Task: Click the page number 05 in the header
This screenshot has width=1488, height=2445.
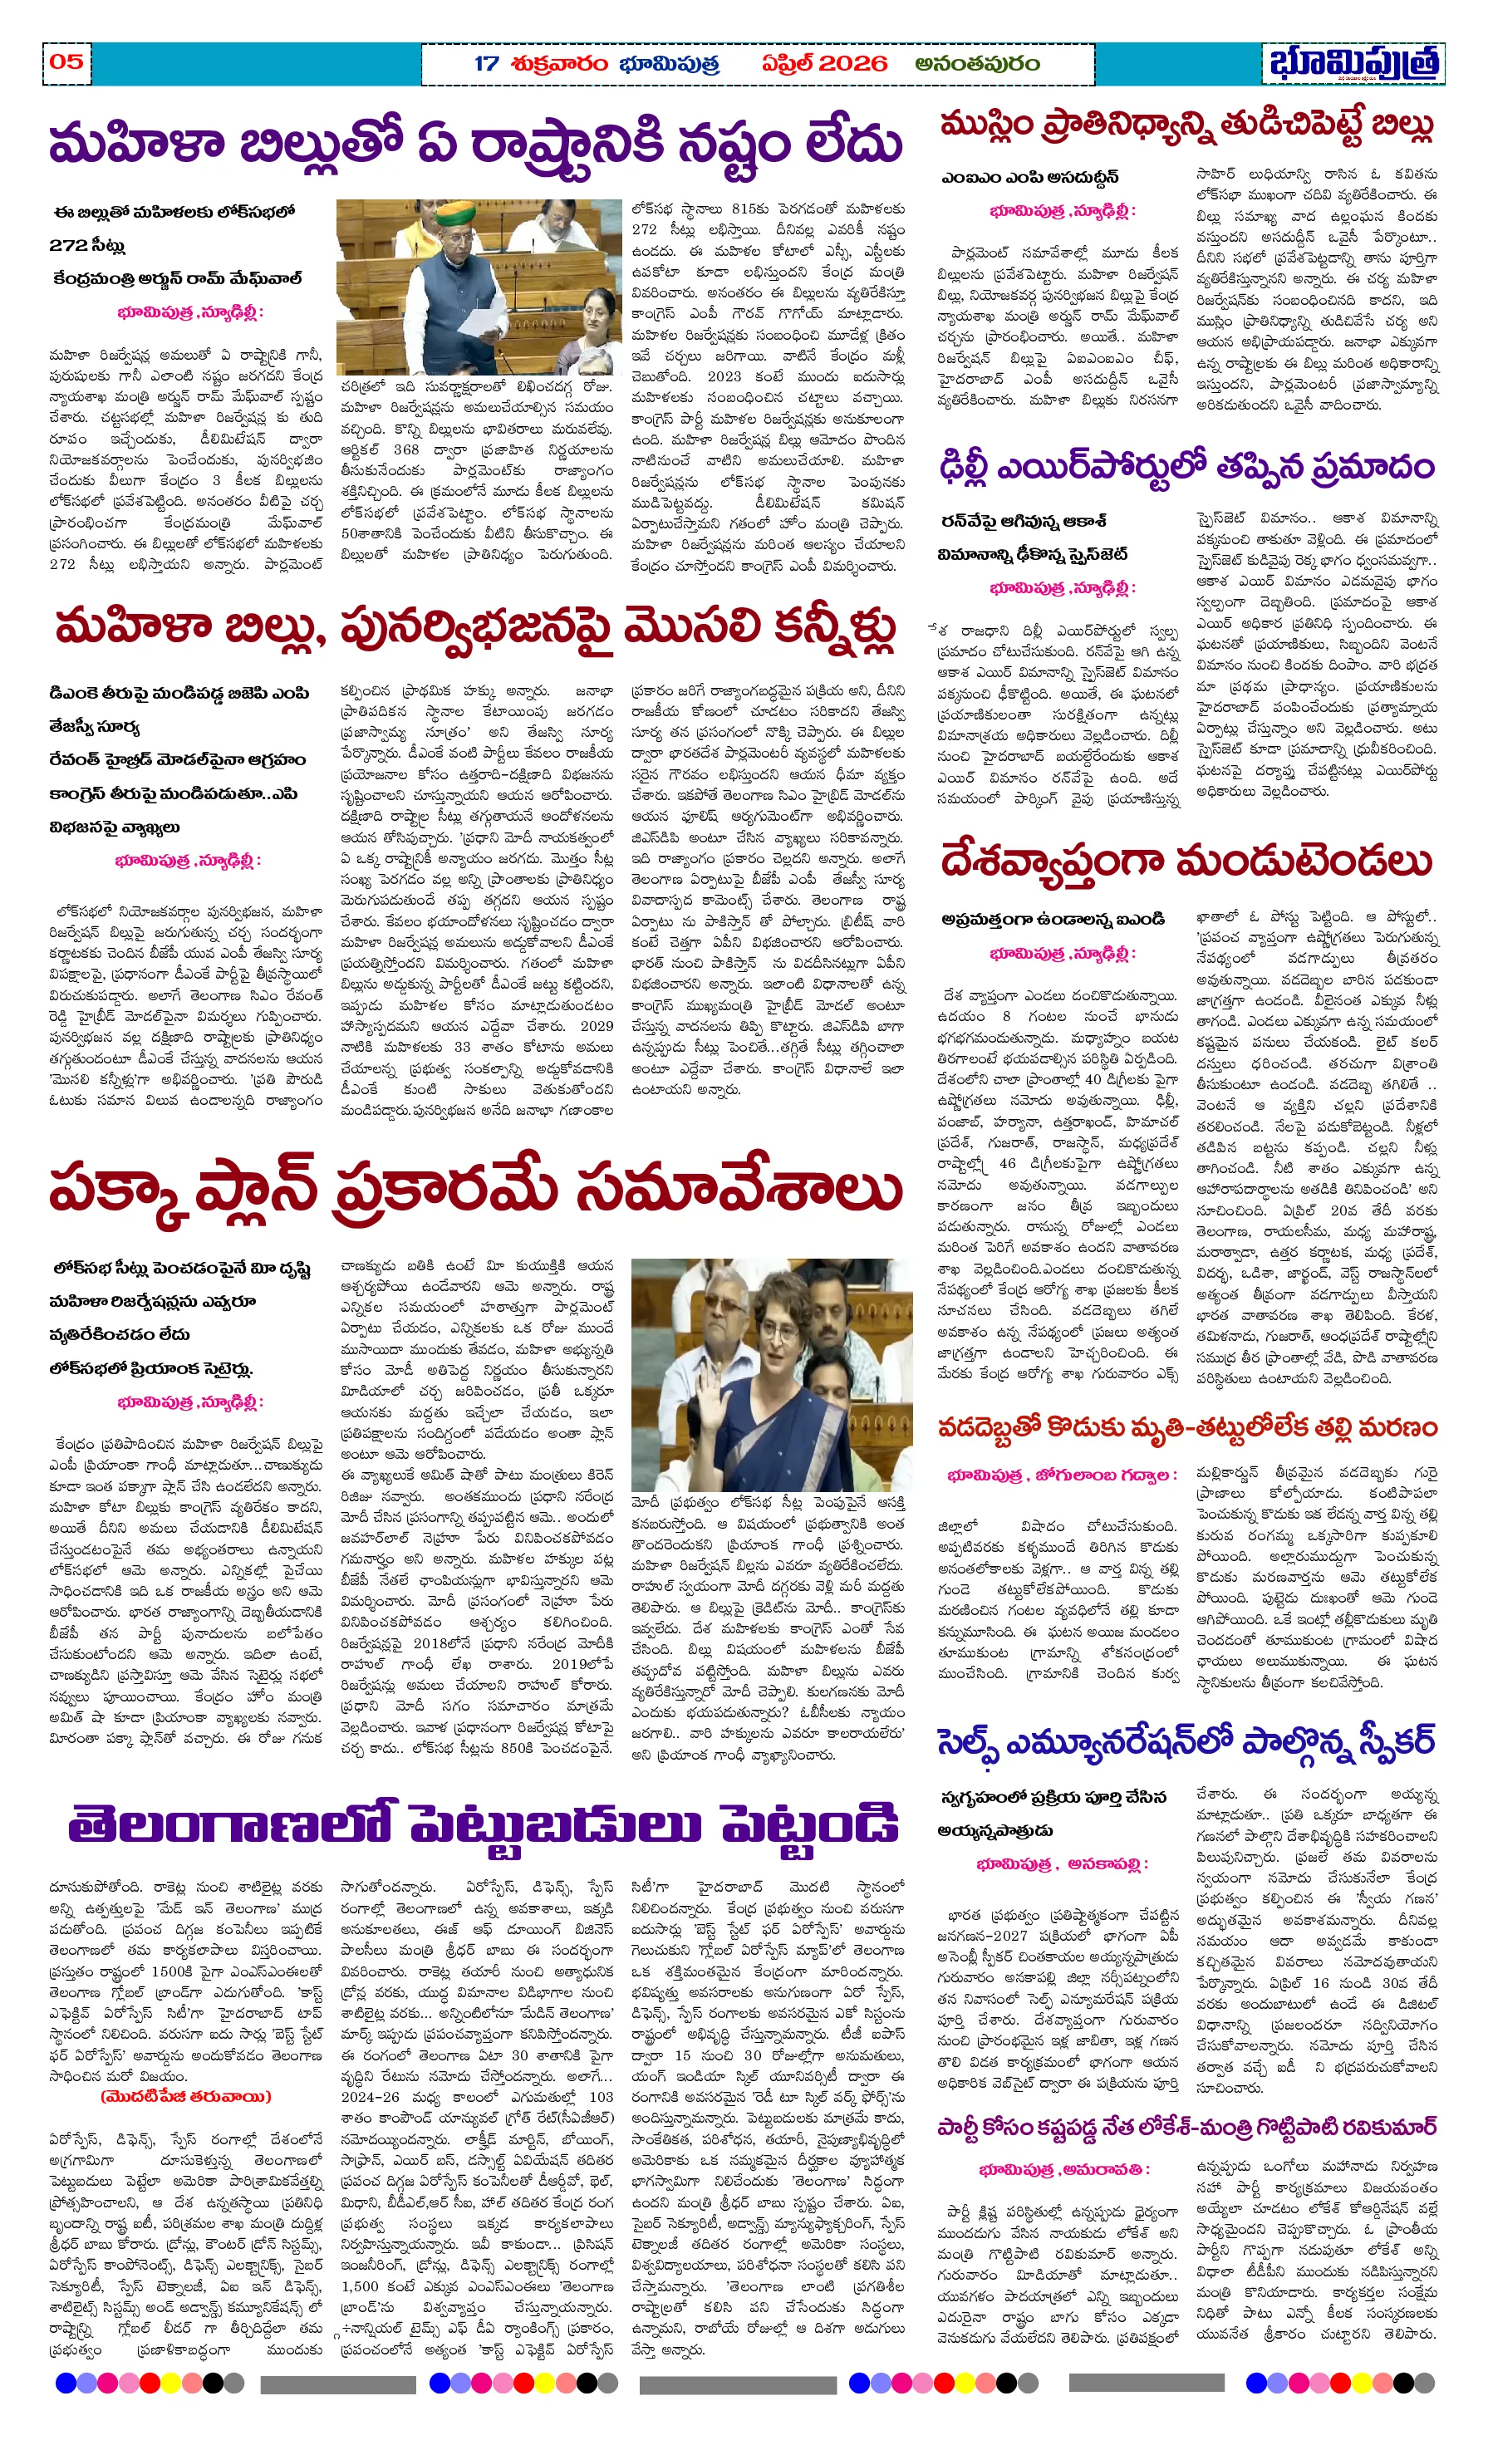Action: pos(66,61)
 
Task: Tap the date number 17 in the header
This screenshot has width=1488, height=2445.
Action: pos(486,63)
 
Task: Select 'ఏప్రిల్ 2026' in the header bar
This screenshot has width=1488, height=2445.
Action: pos(824,63)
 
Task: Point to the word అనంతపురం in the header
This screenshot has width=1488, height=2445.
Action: pos(977,63)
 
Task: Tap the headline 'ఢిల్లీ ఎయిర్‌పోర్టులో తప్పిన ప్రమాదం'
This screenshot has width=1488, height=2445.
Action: pos(1186,466)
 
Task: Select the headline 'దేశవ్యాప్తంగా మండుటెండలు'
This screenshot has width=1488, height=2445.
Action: pos(1186,862)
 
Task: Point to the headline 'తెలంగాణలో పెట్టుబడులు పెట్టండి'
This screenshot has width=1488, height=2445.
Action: pos(484,1824)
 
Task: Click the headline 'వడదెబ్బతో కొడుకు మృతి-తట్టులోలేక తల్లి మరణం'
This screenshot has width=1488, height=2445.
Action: pos(1186,1428)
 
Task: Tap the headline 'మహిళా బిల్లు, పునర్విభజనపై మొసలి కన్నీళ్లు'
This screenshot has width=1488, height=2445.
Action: pos(474,628)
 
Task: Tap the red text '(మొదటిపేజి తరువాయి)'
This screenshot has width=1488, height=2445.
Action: pos(184,2097)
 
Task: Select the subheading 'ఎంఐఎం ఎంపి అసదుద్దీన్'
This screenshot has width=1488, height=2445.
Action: pos(1030,178)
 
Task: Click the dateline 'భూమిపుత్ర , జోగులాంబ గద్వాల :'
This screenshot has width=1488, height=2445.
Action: pos(1062,1475)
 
